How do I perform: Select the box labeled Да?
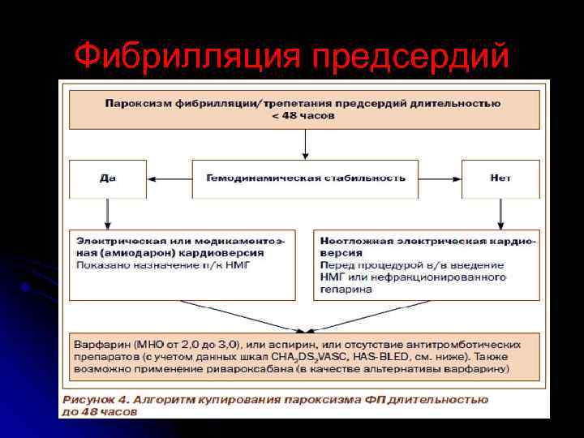click(108, 178)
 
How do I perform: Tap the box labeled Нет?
click(500, 178)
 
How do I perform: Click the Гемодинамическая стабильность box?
click(305, 178)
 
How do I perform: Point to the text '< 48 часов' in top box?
click(303, 115)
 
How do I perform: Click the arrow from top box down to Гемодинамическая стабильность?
click(305, 144)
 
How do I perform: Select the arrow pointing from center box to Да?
click(170, 178)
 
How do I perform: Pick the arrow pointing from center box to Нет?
click(440, 178)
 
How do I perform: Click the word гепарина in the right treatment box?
click(346, 289)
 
